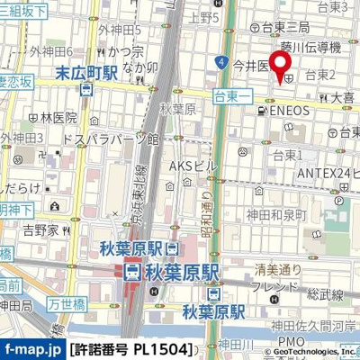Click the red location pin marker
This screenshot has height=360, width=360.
(280, 66)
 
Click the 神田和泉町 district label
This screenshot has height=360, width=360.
(278, 214)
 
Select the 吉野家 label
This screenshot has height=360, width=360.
(40, 231)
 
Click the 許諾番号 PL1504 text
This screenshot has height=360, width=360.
(132, 348)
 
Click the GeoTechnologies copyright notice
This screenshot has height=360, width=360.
(301, 350)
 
